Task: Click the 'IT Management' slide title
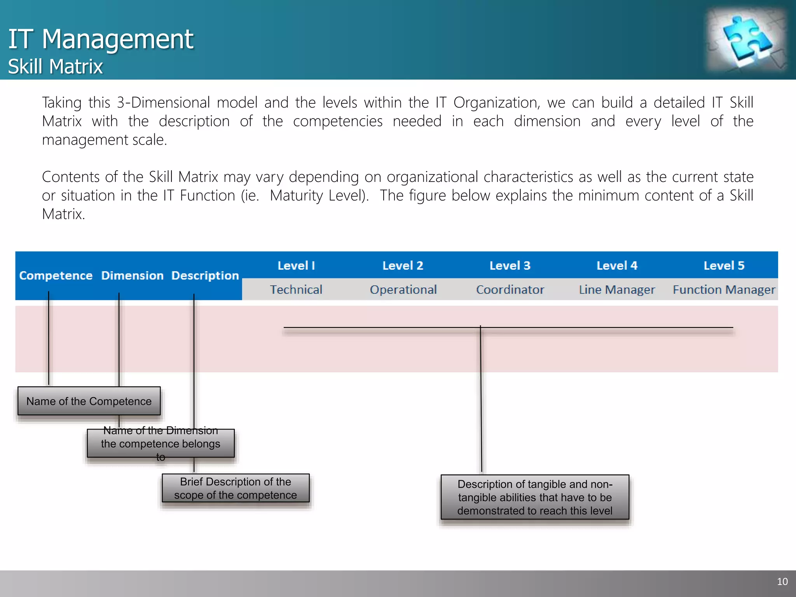point(101,39)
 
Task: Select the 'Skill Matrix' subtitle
point(55,66)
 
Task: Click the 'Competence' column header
point(56,276)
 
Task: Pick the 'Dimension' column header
point(132,276)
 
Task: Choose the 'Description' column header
point(205,276)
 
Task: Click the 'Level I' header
point(296,265)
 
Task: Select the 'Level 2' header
point(403,265)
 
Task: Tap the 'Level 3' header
point(510,265)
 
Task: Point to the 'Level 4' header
point(617,265)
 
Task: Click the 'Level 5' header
point(724,265)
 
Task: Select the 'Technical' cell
point(296,290)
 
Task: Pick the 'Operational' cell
point(403,290)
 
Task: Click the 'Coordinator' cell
point(510,290)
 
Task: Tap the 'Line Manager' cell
point(617,290)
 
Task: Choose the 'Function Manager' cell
point(724,290)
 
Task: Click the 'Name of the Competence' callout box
point(89,401)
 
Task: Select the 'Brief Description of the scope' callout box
point(236,488)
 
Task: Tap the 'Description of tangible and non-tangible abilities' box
point(535,497)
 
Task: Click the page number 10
point(782,581)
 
